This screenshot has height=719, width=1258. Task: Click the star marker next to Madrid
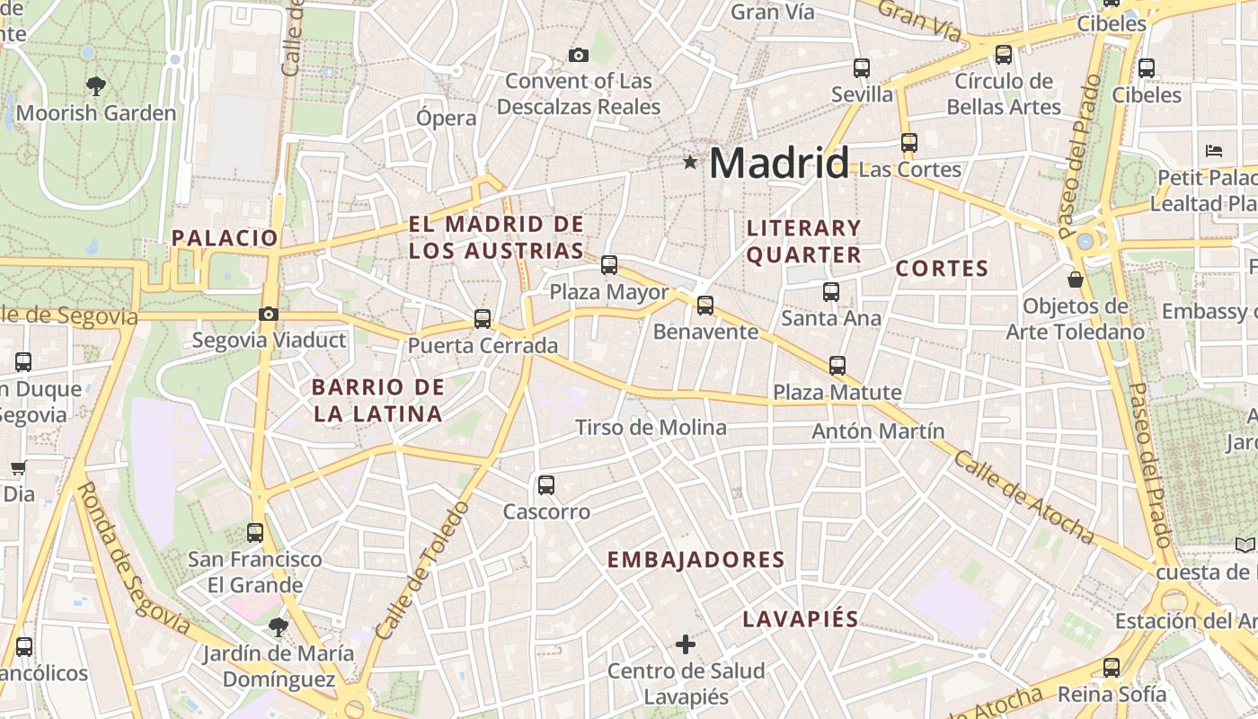pos(690,163)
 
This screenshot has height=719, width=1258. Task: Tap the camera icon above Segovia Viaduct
pos(268,315)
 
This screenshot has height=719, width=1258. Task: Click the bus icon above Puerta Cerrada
pos(483,319)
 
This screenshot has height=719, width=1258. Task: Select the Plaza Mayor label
pos(609,293)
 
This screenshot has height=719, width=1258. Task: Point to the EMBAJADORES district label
pos(696,560)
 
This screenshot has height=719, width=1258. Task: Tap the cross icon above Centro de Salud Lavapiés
pos(686,644)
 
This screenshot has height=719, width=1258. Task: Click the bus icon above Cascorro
pos(545,485)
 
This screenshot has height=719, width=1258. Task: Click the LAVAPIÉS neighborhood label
pos(801,619)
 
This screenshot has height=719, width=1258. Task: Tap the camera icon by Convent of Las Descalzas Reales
pos(579,56)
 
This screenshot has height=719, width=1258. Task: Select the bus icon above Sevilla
pos(862,68)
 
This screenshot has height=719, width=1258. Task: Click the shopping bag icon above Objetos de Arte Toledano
pos(1075,280)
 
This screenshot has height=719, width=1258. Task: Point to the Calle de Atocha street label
pos(1024,497)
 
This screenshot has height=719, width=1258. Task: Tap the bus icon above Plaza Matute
pos(837,366)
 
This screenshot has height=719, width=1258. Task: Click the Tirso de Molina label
pos(651,428)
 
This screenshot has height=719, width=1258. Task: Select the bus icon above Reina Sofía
pos(1112,668)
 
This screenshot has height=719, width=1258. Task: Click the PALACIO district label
pos(225,238)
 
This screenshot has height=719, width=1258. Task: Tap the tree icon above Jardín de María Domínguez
pos(278,626)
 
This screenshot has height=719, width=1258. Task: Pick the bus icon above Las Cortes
pos(909,143)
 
